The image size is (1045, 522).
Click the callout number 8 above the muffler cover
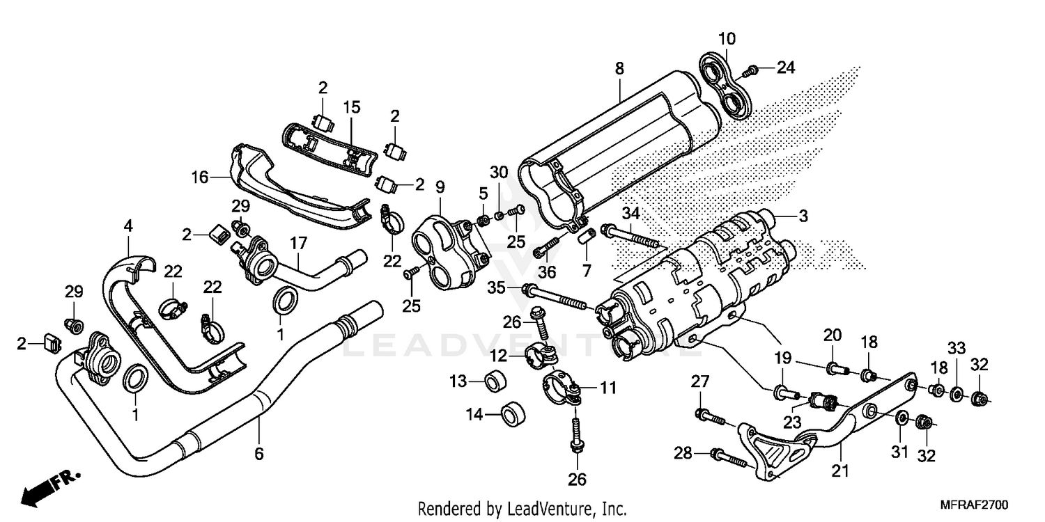pos(619,68)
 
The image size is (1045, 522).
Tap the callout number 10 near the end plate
pos(727,38)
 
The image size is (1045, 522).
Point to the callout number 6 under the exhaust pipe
pos(258,454)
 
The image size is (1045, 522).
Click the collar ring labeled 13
pos(496,381)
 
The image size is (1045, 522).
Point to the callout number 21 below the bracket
pos(841,471)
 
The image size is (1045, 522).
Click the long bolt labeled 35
pos(557,294)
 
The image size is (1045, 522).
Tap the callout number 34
pos(630,212)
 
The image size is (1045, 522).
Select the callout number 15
pos(352,107)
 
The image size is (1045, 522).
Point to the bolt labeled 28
pos(727,457)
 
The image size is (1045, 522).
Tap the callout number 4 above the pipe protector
pos(128,226)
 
